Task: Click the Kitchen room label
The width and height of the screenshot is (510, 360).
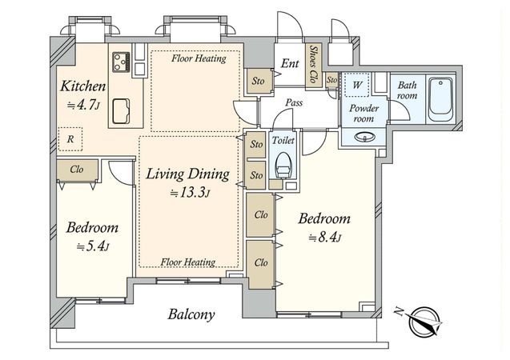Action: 83,86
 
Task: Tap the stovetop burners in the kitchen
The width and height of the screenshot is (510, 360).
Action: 121,62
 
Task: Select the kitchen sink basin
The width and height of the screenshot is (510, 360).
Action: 121,111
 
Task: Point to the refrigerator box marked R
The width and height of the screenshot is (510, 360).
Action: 70,139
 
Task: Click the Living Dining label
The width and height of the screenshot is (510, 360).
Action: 187,174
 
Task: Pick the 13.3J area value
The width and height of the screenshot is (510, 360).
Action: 190,193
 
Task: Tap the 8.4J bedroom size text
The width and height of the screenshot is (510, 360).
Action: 324,238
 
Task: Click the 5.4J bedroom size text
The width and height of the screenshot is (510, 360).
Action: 92,247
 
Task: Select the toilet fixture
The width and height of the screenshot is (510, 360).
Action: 283,165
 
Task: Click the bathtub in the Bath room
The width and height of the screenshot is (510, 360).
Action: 440,99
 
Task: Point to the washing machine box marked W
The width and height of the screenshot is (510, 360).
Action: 357,85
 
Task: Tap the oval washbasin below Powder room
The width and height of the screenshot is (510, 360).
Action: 363,137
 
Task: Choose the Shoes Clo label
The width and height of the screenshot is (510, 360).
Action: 314,64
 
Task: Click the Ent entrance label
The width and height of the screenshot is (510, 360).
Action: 290,63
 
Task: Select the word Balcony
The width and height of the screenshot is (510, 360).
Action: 191,314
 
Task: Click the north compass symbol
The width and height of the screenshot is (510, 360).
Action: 424,321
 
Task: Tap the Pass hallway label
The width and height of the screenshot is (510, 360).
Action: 294,103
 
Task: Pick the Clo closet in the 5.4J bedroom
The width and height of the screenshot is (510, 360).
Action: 77,170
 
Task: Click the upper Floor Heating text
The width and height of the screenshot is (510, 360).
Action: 199,58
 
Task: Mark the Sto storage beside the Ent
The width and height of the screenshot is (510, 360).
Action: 259,81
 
